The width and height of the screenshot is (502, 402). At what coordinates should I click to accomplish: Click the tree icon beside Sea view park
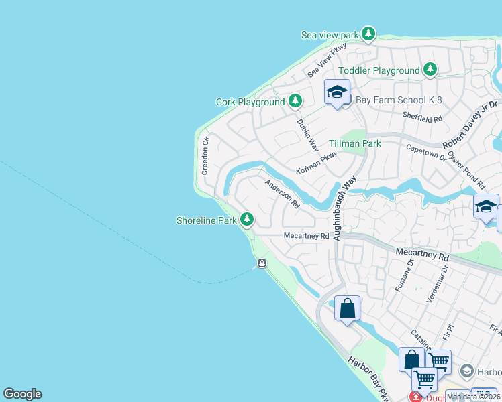tap(368, 33)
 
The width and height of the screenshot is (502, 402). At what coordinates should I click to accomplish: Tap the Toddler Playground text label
tap(379, 70)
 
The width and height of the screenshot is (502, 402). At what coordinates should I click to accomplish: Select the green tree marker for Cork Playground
tap(295, 102)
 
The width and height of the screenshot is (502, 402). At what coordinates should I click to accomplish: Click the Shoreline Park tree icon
tap(248, 220)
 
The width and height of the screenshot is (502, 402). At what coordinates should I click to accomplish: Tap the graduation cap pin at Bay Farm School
tap(337, 92)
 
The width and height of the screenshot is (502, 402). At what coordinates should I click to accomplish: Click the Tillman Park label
tap(355, 143)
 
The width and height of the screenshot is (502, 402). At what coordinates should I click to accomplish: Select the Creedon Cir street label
tap(207, 156)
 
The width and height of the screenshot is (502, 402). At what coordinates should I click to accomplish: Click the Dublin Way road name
tap(307, 131)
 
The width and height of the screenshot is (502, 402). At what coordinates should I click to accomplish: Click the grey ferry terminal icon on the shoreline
tap(262, 263)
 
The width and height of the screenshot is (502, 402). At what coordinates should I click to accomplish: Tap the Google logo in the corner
tap(22, 394)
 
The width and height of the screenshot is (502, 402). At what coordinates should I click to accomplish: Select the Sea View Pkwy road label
tap(327, 60)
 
